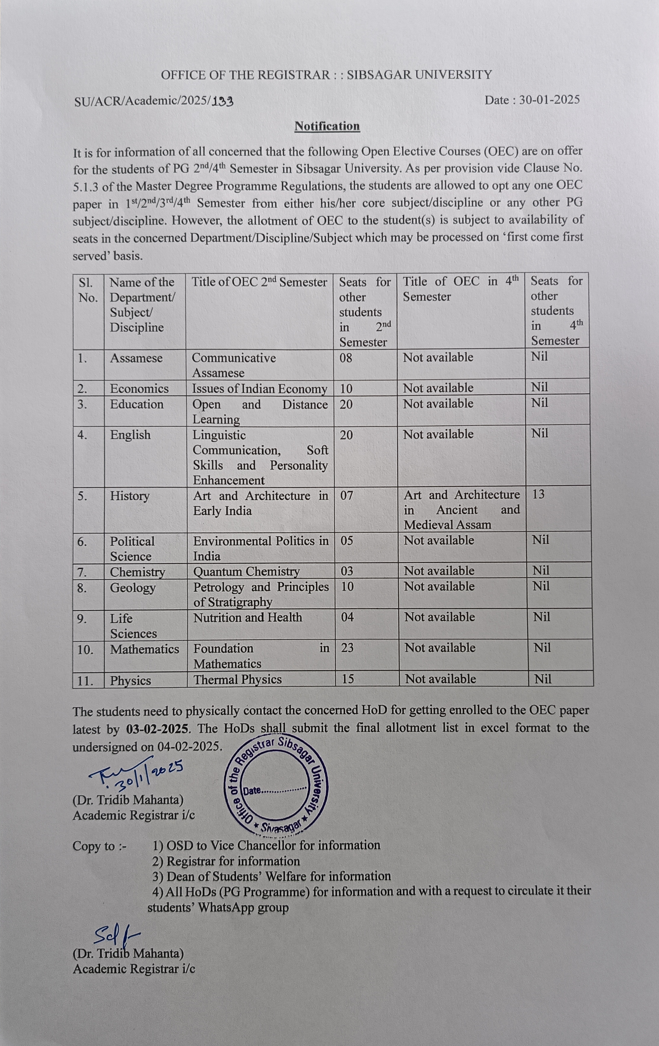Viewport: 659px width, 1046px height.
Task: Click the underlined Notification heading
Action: pos(327,126)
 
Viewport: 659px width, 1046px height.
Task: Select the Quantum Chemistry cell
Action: pos(247,571)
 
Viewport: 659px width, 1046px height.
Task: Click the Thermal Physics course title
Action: pos(238,679)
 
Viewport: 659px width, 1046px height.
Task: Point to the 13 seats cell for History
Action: pos(538,494)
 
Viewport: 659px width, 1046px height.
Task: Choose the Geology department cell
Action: pos(133,587)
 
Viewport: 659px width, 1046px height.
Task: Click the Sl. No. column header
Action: pos(88,290)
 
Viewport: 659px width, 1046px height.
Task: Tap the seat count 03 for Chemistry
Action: pos(347,571)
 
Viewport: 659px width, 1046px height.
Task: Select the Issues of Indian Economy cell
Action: pos(259,389)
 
